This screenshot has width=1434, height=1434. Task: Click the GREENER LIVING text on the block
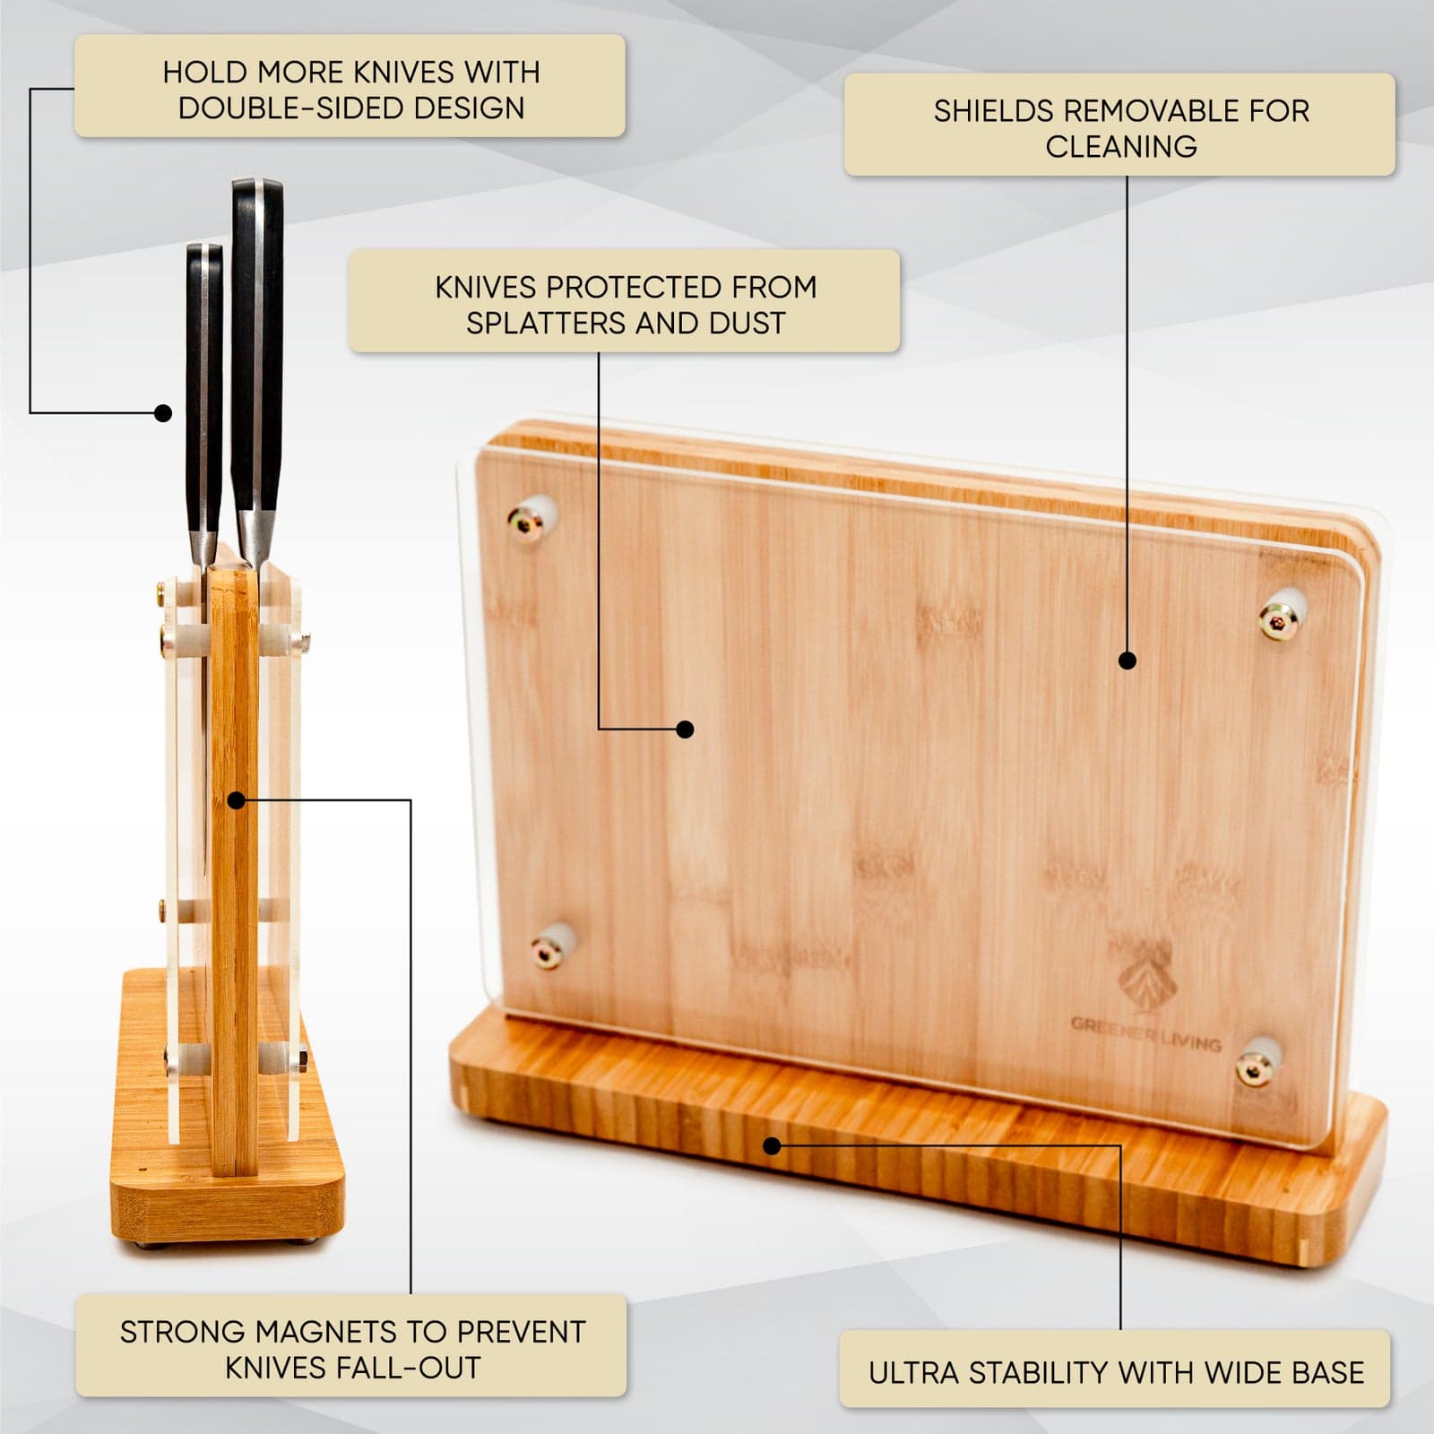(x=1146, y=1033)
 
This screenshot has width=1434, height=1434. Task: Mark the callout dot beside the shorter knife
(x=163, y=413)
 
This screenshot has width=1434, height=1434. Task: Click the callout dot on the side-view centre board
(x=237, y=800)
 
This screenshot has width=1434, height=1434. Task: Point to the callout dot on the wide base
(x=773, y=1145)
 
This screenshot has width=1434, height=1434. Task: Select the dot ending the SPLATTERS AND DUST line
(x=686, y=730)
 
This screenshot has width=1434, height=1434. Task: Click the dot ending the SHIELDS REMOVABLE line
(x=1128, y=661)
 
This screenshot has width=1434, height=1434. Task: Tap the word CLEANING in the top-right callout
(x=1121, y=146)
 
